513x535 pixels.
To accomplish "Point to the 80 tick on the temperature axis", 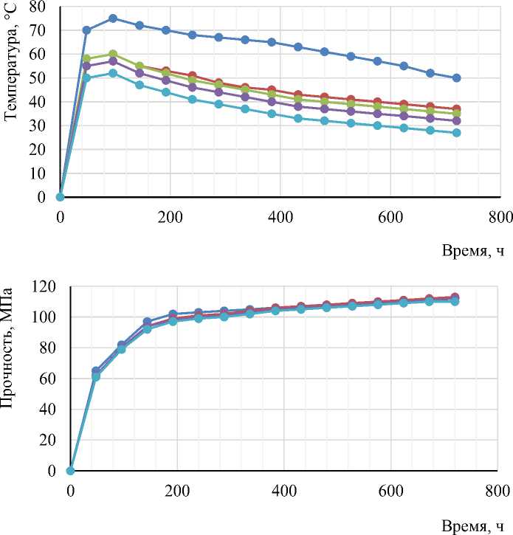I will tap(36, 7).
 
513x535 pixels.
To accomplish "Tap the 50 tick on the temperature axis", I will tap(36, 78).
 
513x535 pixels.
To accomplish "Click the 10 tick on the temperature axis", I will tap(36, 173).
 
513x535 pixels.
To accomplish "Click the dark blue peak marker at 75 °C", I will tap(113, 18).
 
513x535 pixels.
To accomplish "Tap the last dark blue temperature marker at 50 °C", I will tap(456, 78).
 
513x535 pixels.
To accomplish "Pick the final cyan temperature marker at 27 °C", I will tap(456, 133).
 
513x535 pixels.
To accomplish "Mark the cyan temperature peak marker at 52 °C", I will tap(113, 73).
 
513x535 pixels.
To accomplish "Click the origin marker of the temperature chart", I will tap(61, 197).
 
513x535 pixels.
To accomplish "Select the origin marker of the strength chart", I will tap(71, 471).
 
